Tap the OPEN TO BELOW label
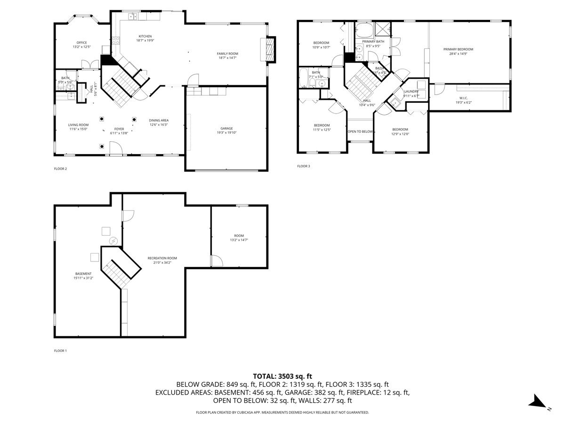[x=360, y=131]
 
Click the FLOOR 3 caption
[x=304, y=166]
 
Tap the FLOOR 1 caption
[x=61, y=351]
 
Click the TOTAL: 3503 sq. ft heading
[x=282, y=376]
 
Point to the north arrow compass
[x=537, y=402]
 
